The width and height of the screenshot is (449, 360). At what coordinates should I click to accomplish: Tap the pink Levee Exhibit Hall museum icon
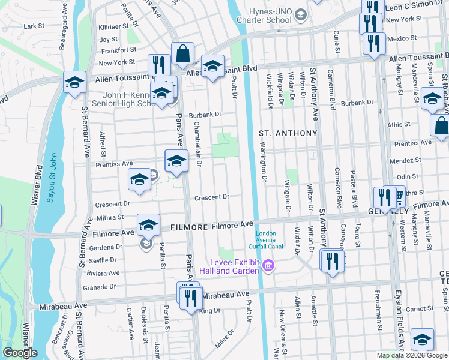269,265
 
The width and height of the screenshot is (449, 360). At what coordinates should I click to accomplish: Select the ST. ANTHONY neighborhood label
288,133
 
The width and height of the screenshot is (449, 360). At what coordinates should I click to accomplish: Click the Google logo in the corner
19,353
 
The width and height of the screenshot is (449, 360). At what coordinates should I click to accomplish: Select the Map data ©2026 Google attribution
411,355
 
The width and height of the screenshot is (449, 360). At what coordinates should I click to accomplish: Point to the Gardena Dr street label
105,247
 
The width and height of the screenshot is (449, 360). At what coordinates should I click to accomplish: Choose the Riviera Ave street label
103,272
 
